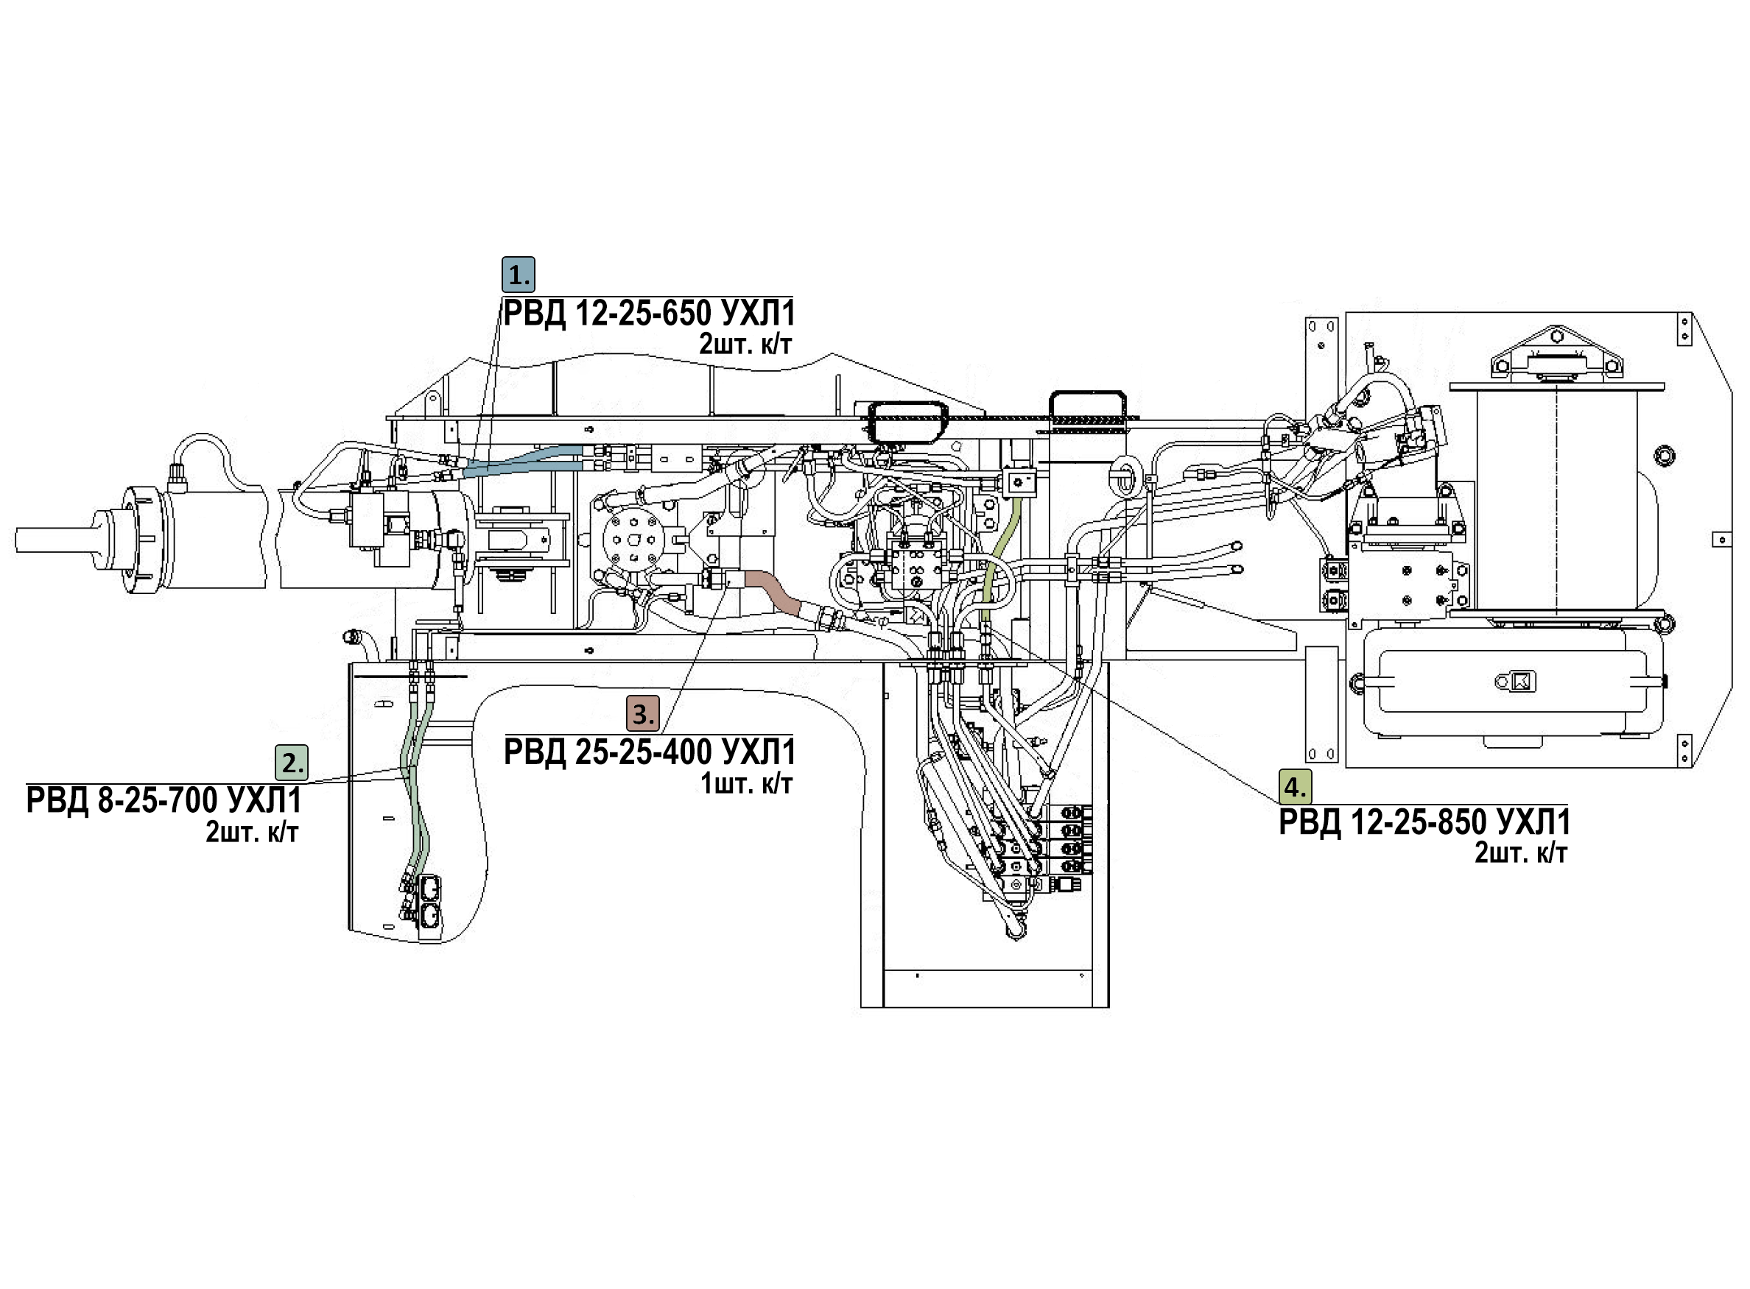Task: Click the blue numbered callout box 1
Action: coord(519,274)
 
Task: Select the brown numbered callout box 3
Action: coord(642,713)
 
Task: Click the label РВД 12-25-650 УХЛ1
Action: coord(649,314)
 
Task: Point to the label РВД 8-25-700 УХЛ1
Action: coord(164,802)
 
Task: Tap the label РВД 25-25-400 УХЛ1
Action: coord(650,752)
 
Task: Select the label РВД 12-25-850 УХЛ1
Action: coord(1424,822)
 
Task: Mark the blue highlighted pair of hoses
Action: coord(523,459)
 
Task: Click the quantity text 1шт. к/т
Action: coord(746,783)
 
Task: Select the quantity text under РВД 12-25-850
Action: coord(1520,853)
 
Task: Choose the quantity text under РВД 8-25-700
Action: coord(251,833)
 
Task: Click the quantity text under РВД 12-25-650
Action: coord(745,344)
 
